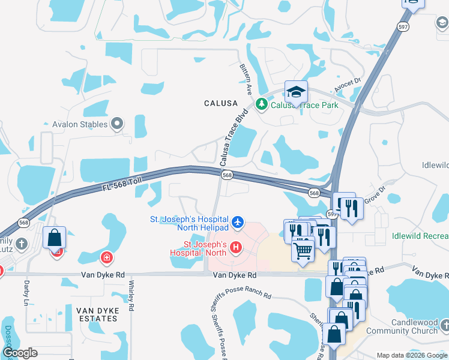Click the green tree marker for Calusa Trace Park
click(262, 104)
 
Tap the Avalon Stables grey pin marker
click(117, 124)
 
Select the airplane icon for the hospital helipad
click(238, 223)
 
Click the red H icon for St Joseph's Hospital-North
click(235, 247)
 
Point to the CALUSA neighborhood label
click(220, 103)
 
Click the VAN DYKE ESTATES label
click(98, 314)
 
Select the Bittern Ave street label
click(246, 79)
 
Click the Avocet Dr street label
click(349, 84)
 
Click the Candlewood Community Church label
click(402, 327)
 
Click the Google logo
click(19, 353)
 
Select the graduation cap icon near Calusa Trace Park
click(296, 92)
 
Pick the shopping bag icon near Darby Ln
click(54, 237)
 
